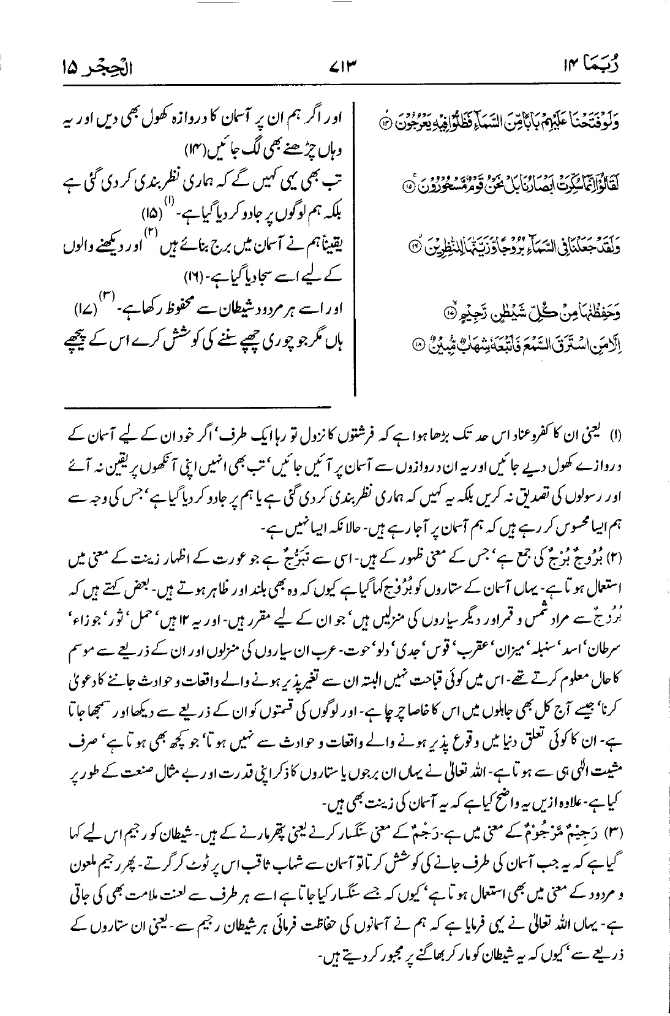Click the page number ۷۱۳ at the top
coord(336,64)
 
